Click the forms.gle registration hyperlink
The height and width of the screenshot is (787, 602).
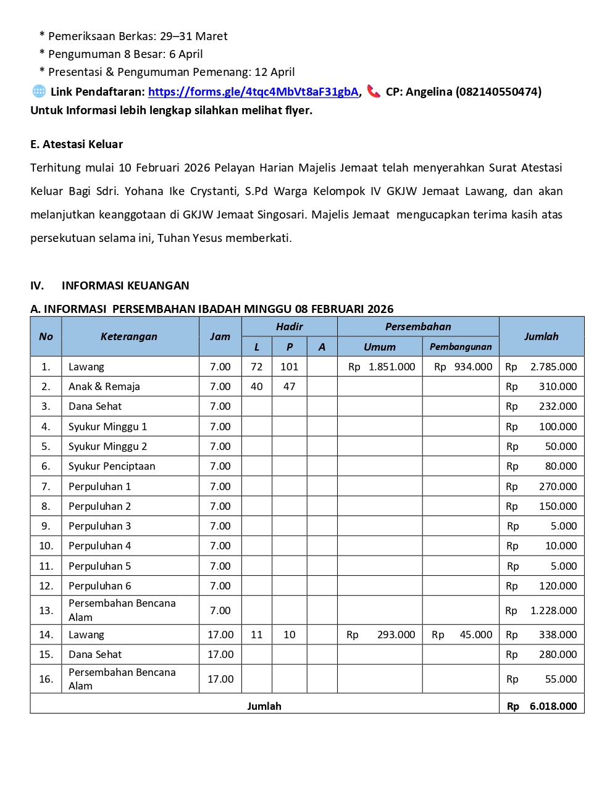coord(253,92)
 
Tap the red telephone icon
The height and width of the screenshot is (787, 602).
coord(374,91)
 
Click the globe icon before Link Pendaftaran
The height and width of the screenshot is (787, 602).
coord(39,91)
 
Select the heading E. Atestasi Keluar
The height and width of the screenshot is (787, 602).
coord(77,144)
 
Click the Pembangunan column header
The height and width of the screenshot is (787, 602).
coord(461,347)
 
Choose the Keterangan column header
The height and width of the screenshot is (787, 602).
coord(129,336)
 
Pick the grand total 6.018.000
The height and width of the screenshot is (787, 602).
coord(553,706)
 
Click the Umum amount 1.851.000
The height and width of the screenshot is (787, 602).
coord(391,367)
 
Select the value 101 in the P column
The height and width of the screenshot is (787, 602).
coord(289,367)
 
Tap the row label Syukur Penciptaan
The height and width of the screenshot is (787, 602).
coord(112,466)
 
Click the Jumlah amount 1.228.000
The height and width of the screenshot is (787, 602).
coord(553,610)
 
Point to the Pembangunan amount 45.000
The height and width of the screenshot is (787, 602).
coord(476,635)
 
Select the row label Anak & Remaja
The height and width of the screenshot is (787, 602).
coord(104,386)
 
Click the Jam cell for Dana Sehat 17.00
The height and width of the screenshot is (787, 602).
coord(220,654)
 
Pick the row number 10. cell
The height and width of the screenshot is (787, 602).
coord(46,546)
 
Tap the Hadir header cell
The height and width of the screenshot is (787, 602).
coord(289,327)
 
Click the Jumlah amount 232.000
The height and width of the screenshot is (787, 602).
coord(558,406)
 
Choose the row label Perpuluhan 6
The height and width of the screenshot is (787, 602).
coord(100,586)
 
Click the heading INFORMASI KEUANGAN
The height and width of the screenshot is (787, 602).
coord(125,286)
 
